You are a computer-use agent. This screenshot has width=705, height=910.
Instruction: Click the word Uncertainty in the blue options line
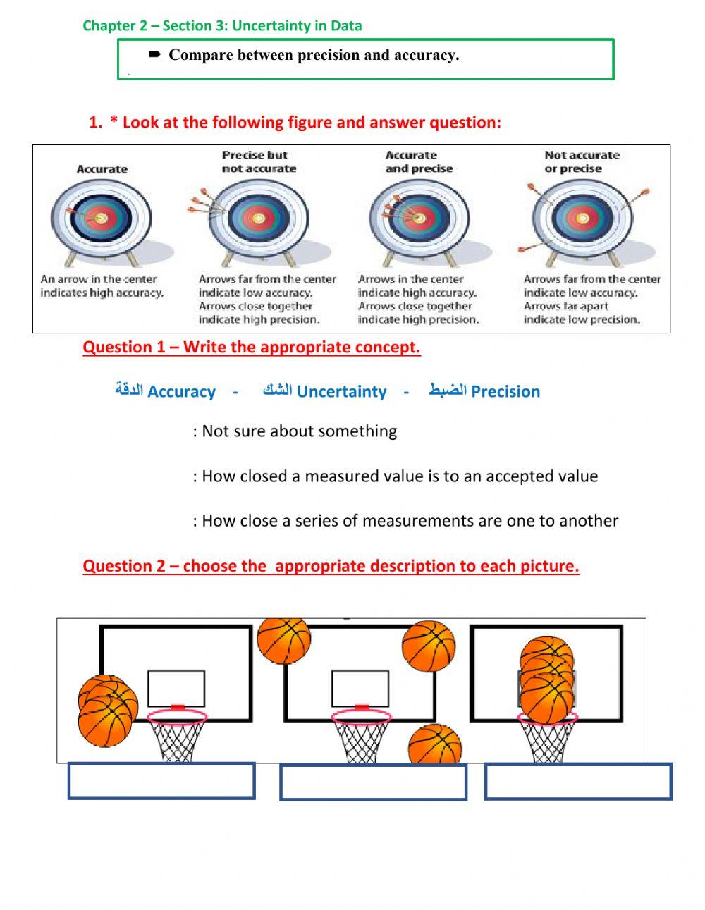click(341, 392)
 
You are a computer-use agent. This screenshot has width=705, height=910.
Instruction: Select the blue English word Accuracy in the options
click(181, 392)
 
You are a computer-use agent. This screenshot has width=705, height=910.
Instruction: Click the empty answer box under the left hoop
click(161, 781)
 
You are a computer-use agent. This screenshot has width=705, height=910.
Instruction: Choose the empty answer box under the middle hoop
click(373, 782)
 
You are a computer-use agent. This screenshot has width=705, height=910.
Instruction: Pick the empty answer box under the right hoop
click(578, 782)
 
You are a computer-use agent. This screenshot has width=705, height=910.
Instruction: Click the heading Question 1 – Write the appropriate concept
click(252, 348)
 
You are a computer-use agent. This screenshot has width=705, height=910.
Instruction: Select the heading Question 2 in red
click(331, 566)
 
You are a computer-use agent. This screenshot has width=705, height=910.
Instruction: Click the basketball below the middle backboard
click(435, 746)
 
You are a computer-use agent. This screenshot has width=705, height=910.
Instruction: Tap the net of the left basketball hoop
click(178, 740)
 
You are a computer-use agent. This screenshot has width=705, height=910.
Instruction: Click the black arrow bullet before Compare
click(155, 54)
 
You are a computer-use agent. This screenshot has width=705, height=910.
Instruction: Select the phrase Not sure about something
click(299, 431)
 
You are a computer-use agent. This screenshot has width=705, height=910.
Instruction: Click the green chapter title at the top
click(222, 26)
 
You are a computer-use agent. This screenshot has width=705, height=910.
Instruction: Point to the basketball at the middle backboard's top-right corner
click(429, 646)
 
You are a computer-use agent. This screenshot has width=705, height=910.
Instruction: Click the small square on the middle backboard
click(360, 688)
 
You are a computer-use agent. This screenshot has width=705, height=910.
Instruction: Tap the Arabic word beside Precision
click(448, 391)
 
